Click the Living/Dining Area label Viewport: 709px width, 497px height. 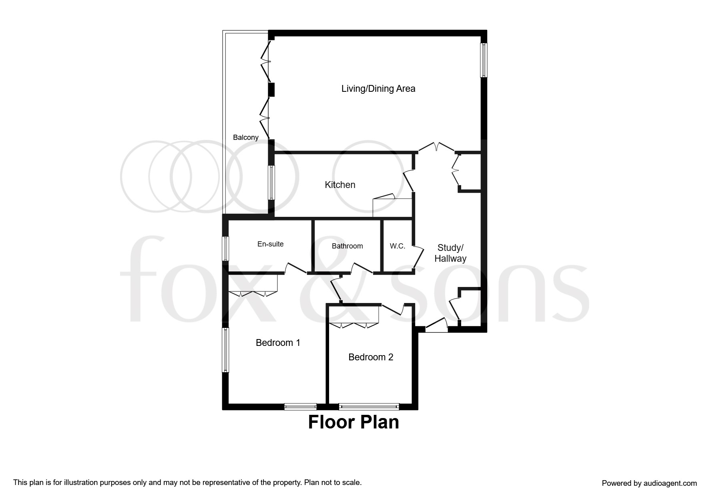[378, 89]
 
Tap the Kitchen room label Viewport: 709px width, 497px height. [340, 185]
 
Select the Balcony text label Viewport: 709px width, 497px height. [245, 137]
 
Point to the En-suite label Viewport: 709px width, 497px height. [270, 244]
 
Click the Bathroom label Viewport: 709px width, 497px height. [347, 246]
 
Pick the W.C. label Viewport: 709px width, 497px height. [397, 246]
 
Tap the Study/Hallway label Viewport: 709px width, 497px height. [450, 253]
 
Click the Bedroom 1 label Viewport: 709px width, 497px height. [278, 343]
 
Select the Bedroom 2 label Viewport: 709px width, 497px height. [371, 357]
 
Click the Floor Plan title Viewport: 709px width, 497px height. [353, 422]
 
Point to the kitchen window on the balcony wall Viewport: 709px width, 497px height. [271, 182]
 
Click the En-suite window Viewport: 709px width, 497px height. [226, 248]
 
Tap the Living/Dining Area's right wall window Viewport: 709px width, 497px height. [484, 60]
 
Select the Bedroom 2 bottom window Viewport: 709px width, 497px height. [369, 407]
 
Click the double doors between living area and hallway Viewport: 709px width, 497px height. [436, 147]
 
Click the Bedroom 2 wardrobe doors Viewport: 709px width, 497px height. [353, 325]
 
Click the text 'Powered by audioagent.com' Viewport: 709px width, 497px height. [649, 483]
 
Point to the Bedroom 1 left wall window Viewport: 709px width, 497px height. [226, 350]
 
